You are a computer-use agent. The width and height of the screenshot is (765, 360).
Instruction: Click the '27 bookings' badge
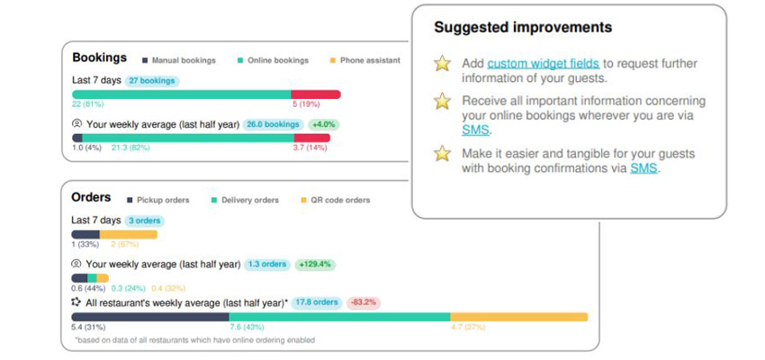tap(151, 81)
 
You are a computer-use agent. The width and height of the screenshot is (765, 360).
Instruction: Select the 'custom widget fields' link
tap(544, 63)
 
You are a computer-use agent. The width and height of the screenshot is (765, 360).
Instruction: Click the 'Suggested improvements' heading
tap(523, 28)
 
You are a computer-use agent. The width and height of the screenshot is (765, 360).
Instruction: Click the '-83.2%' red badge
tap(363, 302)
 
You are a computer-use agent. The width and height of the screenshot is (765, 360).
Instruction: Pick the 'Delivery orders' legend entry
tap(243, 200)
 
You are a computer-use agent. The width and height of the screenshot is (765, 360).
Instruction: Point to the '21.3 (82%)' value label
tap(131, 148)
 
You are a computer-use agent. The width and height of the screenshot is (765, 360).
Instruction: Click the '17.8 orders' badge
tap(316, 302)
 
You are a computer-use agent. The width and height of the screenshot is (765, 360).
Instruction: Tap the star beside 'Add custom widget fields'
tap(442, 63)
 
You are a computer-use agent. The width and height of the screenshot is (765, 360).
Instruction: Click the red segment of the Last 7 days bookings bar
tap(315, 94)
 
